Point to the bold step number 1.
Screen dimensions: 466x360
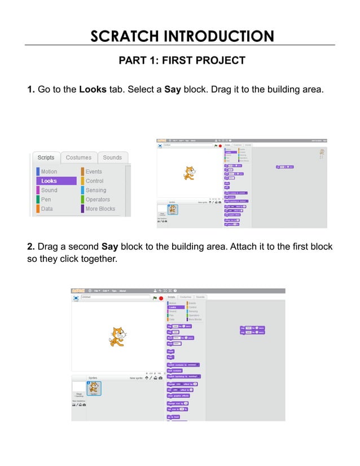click(x=30, y=89)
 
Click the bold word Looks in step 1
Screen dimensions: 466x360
click(x=93, y=89)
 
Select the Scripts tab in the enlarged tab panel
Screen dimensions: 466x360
click(x=46, y=157)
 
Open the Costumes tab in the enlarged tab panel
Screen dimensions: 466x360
click(x=78, y=157)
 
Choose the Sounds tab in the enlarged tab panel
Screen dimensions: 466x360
click(x=112, y=157)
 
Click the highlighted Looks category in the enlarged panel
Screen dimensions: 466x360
click(x=56, y=181)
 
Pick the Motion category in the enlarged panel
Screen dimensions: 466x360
click(x=49, y=172)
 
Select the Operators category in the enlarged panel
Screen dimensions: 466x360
click(x=98, y=199)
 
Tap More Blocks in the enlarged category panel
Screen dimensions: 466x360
click(x=100, y=209)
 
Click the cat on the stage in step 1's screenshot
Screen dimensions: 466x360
click(x=190, y=173)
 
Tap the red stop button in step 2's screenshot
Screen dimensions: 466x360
click(x=161, y=298)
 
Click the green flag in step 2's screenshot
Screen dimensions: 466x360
click(x=155, y=297)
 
